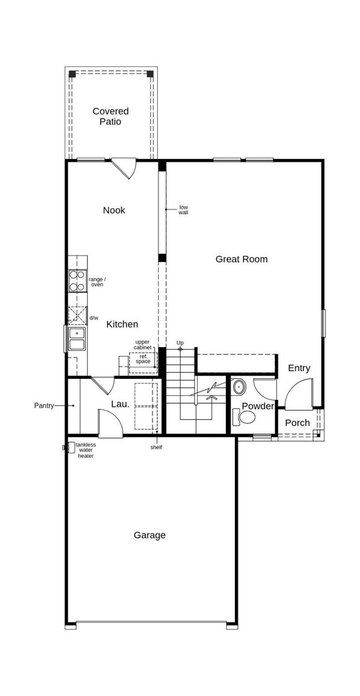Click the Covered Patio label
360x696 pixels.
pos(110,116)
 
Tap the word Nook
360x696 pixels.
pos(114,210)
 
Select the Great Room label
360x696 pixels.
pos(241,259)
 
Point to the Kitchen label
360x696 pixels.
pos(122,324)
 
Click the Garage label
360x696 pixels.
pos(149,535)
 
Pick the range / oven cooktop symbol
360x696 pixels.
pos(77,281)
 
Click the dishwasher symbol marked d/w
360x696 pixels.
pos(78,316)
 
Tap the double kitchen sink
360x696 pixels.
pos(77,339)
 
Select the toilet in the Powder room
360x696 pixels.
pos(244,417)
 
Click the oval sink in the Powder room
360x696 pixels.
pos(239,387)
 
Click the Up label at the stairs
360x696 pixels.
pos(180,342)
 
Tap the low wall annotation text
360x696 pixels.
pos(183,210)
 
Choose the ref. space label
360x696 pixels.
pos(143,359)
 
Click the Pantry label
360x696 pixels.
pos(44,405)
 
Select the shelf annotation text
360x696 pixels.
pos(156,447)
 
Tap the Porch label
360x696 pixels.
pos(297,423)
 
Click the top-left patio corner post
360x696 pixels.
pos(73,74)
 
